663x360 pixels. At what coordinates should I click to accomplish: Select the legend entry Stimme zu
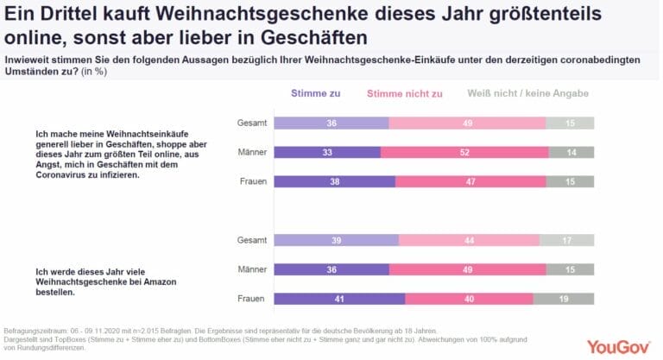pos(316,93)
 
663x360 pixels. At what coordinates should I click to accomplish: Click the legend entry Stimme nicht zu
pos(405,93)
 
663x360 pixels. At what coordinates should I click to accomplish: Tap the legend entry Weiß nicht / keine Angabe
pos(527,93)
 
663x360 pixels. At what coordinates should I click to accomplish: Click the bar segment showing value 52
pos(464,152)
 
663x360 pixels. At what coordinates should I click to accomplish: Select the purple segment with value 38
pos(336,181)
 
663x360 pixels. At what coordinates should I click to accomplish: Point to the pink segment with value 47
pos(470,181)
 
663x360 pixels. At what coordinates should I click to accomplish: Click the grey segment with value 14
pos(572,152)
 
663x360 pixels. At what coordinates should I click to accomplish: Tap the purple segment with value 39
pos(338,240)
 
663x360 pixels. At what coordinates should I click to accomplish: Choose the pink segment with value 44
pos(469,240)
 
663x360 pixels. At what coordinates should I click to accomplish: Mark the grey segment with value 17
pos(567,240)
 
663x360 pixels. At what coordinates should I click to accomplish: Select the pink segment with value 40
pos(469,299)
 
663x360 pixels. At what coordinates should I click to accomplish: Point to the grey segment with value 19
pos(564,299)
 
